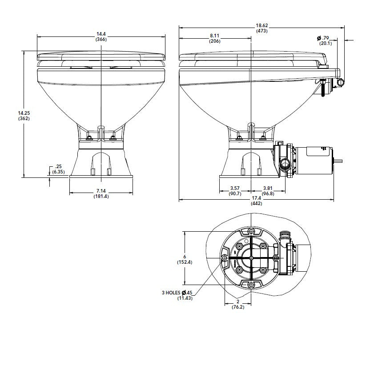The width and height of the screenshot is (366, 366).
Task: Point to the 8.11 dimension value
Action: (x=215, y=36)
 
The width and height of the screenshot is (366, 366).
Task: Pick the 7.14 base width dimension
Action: (x=101, y=191)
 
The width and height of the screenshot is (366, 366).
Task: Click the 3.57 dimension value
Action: (x=234, y=188)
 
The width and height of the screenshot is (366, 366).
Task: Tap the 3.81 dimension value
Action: (x=267, y=188)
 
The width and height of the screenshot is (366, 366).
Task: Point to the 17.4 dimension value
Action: (x=256, y=198)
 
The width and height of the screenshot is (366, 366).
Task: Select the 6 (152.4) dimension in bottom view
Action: (x=184, y=256)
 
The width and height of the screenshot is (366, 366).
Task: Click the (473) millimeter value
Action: (x=261, y=31)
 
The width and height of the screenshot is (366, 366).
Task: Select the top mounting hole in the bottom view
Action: (x=252, y=231)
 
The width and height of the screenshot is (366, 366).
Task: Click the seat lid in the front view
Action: (x=101, y=56)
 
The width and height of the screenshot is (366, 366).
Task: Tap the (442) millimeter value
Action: (x=256, y=203)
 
